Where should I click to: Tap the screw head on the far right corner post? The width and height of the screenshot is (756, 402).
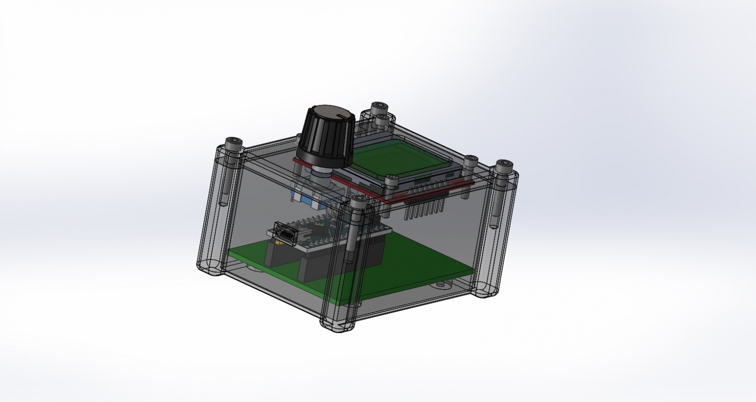pos(501,166)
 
